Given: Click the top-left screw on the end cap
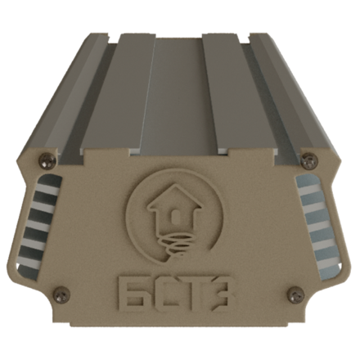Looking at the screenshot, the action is tap(48, 160).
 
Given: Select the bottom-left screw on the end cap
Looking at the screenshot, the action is tap(61, 294).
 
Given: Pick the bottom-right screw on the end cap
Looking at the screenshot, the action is tap(295, 294).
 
